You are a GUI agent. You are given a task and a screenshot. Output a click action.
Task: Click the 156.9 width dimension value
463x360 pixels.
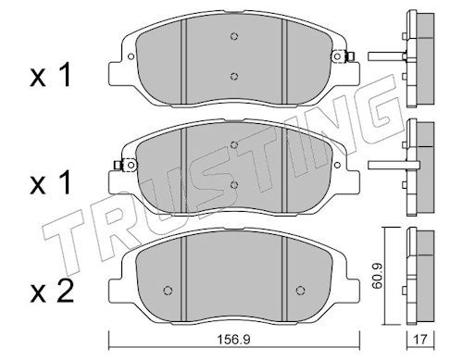(234, 340)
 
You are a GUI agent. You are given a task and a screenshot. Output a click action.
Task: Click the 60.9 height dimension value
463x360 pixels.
(377, 276)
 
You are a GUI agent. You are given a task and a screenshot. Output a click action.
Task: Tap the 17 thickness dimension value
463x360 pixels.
(420, 340)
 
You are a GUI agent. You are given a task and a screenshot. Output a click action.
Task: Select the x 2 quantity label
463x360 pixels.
(52, 292)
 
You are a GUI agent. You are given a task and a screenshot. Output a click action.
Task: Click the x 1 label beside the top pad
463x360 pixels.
(51, 75)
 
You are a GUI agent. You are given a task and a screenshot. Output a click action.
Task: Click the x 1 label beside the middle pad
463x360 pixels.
(51, 183)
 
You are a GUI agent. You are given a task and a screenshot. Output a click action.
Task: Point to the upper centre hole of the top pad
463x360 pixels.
(234, 36)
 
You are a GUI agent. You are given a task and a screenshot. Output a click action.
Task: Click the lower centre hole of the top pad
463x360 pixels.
(234, 76)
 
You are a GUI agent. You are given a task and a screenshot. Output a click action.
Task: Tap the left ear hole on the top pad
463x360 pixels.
(131, 56)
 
